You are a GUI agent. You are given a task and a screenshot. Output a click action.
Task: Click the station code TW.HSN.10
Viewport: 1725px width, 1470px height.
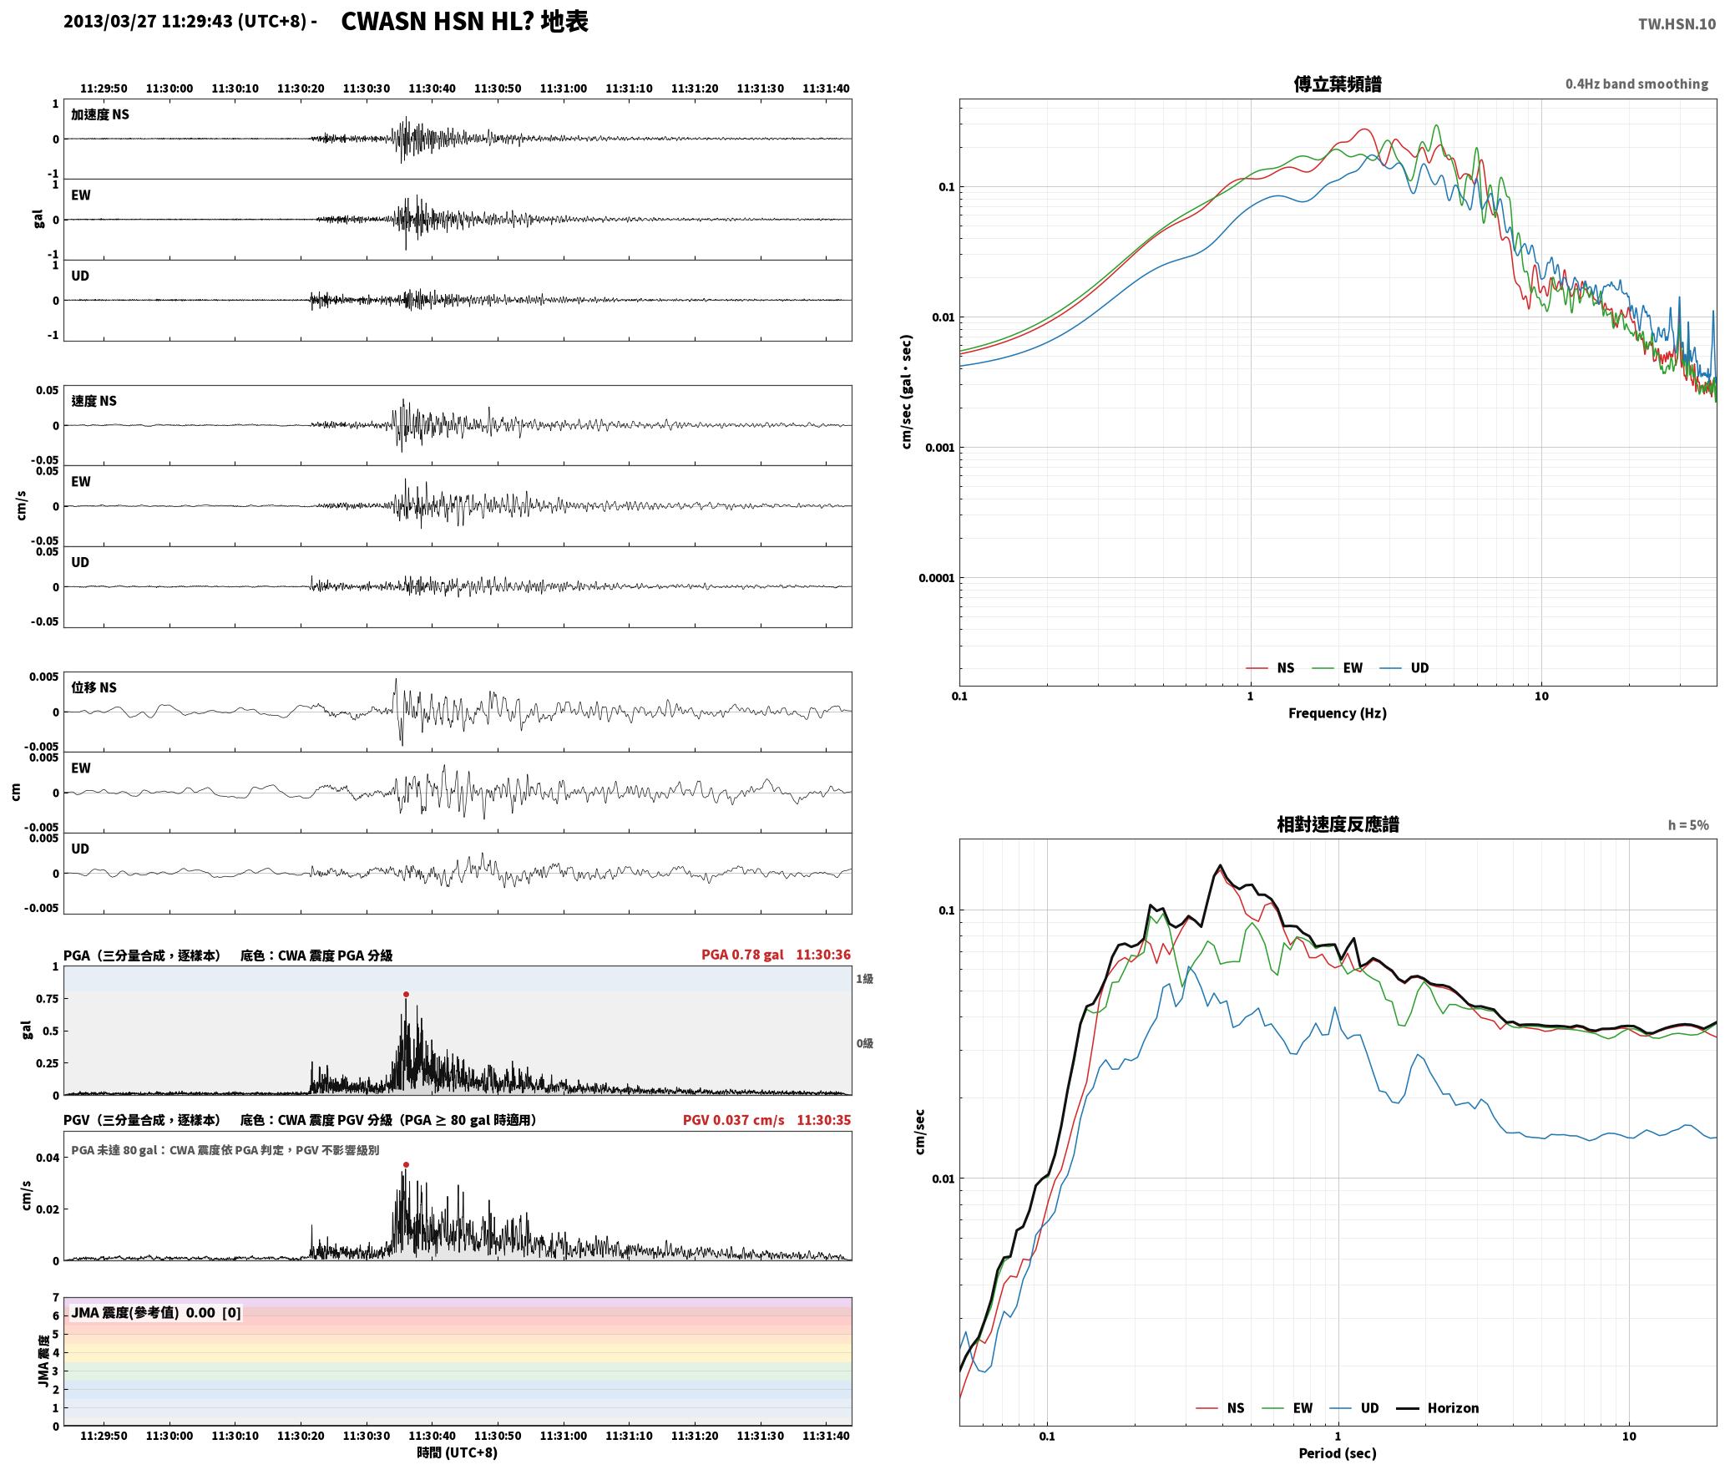click(x=1677, y=23)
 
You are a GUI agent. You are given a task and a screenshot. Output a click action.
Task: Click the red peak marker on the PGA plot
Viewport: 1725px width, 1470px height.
click(x=406, y=994)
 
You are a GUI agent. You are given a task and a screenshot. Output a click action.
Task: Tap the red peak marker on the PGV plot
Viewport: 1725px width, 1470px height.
click(x=406, y=1164)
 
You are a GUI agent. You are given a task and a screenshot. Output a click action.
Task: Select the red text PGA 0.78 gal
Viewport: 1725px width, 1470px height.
click(x=742, y=955)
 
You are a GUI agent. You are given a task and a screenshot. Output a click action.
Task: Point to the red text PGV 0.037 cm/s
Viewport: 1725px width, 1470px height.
click(x=733, y=1120)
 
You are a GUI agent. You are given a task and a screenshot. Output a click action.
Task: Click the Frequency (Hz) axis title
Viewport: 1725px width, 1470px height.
click(x=1337, y=712)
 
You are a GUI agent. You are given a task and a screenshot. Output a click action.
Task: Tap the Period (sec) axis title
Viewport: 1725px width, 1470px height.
click(x=1337, y=1452)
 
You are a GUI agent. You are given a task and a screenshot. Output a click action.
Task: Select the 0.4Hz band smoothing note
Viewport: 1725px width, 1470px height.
click(x=1636, y=84)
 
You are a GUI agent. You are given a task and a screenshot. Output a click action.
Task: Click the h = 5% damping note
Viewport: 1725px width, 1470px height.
click(x=1688, y=824)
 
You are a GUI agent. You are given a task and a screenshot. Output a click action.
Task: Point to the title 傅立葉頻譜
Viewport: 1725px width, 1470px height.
click(x=1337, y=84)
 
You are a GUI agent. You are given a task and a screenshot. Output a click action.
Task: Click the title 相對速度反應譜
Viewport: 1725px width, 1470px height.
click(x=1338, y=824)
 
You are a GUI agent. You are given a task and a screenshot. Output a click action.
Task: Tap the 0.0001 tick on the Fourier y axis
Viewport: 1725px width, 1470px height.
click(x=936, y=578)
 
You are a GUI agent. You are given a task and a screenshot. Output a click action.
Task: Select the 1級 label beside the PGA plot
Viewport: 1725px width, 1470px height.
click(x=864, y=978)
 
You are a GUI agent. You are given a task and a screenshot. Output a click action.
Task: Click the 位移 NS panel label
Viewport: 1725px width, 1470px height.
click(x=94, y=687)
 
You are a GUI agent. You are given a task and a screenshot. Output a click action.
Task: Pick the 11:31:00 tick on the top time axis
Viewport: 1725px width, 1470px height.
click(x=563, y=88)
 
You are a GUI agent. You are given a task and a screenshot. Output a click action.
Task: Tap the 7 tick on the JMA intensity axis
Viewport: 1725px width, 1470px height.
click(x=56, y=1297)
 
